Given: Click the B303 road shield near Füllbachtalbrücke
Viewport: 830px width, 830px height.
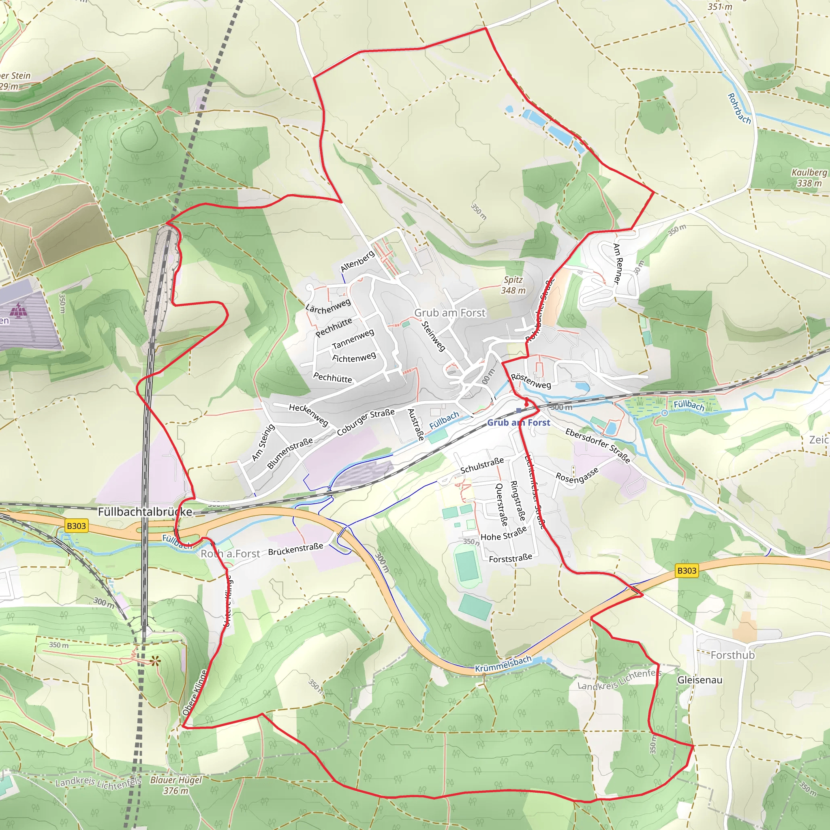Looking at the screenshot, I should (x=77, y=526).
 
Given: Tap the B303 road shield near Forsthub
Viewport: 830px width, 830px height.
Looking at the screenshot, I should (x=687, y=571).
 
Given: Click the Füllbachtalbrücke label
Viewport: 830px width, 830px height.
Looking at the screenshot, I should (x=145, y=512).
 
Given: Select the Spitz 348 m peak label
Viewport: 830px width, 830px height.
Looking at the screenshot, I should (x=513, y=285).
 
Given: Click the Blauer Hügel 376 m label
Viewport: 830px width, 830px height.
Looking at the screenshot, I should (x=176, y=785).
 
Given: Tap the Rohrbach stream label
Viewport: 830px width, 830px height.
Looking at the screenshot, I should (x=739, y=109).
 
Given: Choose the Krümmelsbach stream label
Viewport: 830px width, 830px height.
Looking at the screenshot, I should (x=503, y=664).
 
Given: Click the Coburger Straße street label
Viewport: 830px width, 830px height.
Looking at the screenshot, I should (x=366, y=422).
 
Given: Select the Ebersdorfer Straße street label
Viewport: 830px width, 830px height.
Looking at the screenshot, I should (x=598, y=445).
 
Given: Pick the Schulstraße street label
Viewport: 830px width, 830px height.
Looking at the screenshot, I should (x=482, y=466).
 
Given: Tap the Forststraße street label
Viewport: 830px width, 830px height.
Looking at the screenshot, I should (x=510, y=558).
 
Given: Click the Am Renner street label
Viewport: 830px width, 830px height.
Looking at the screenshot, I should (x=617, y=263).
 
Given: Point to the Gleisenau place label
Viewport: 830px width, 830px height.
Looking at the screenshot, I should (x=700, y=680).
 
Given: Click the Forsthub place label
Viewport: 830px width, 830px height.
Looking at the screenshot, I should (x=732, y=655).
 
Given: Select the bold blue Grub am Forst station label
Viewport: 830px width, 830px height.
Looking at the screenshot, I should (x=518, y=423).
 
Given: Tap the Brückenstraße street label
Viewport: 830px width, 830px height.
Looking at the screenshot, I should (x=295, y=549).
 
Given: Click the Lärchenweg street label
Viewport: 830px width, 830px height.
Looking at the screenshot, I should (x=328, y=306).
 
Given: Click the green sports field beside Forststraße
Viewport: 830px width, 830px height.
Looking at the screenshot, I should (x=467, y=566).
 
